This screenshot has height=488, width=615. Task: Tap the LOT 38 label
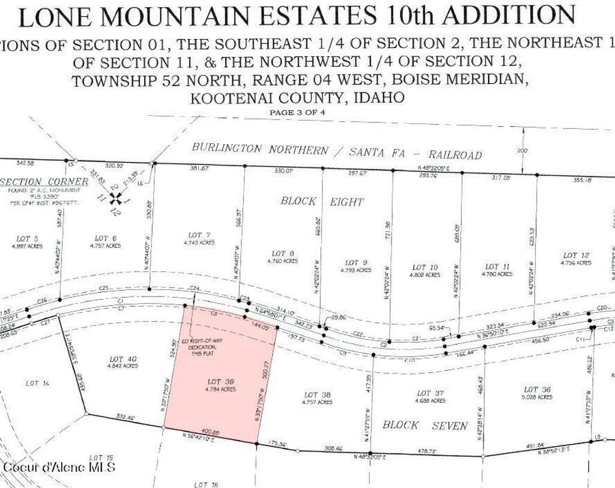tap(317, 394)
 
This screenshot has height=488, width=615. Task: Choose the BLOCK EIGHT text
tap(321, 201)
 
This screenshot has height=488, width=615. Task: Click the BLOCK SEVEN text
tap(425, 425)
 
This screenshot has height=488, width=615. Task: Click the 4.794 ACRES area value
tap(219, 389)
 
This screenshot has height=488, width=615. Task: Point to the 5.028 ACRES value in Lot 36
tap(537, 397)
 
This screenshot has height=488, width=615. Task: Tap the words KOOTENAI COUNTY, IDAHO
tap(297, 98)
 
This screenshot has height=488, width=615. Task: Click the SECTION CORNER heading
tap(29, 181)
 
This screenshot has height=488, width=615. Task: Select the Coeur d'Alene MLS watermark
tap(59, 467)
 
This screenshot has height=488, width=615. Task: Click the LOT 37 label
tap(429, 393)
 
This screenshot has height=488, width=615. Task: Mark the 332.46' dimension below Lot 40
tap(122, 415)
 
